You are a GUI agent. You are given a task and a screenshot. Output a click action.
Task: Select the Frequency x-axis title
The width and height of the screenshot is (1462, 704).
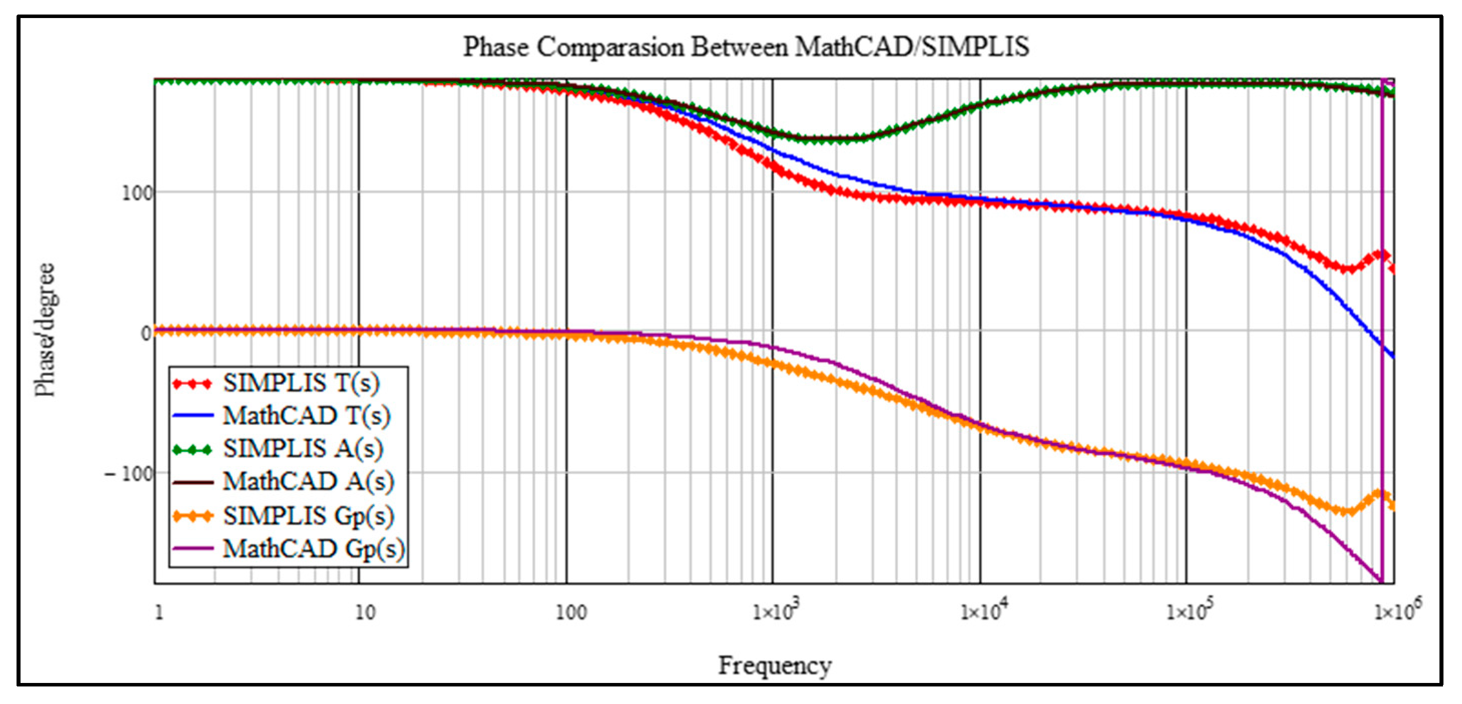[775, 665]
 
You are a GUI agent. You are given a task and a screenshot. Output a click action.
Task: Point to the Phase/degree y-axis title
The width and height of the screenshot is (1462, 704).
[46, 329]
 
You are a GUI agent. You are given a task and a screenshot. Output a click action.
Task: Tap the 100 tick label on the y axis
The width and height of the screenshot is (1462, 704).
[138, 193]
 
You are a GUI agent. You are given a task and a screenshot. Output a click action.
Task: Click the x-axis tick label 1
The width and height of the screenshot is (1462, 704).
[159, 612]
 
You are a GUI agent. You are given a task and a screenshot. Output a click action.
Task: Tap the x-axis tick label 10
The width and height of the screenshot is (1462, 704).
[364, 612]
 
